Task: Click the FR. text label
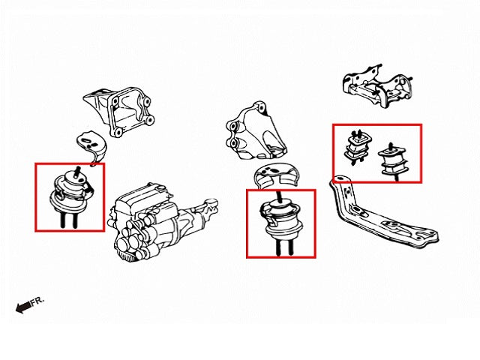[37, 301]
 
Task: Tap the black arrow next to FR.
[23, 307]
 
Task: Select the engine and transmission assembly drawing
[164, 222]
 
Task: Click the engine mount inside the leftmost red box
[70, 196]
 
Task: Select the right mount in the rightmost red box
[392, 160]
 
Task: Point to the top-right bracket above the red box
[377, 86]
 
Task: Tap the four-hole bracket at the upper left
[119, 112]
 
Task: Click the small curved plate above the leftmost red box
[91, 147]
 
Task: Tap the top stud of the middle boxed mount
[280, 196]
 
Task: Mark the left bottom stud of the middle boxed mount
[278, 247]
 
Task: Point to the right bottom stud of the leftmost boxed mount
[75, 220]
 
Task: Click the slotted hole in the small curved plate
[86, 141]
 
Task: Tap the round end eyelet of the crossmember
[339, 179]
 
